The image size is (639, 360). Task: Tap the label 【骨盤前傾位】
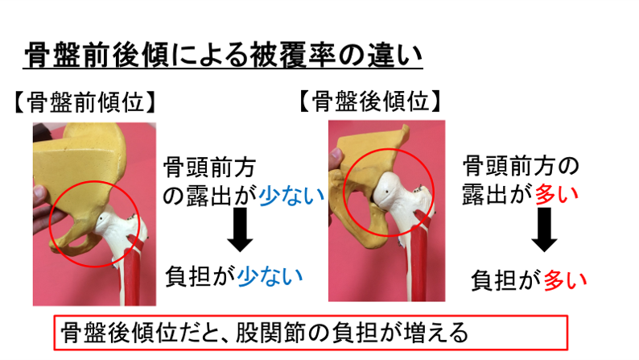(x=85, y=104)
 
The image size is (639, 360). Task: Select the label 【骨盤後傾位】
(x=369, y=102)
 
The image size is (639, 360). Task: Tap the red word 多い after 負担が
(x=565, y=280)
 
